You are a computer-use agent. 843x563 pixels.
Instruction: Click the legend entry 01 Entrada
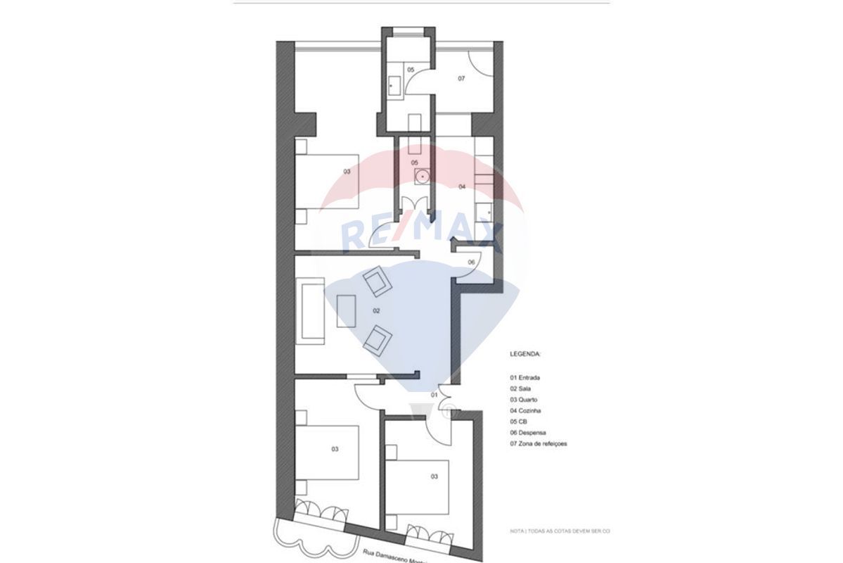(x=525, y=377)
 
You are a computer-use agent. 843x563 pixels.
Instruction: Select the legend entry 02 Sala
(x=521, y=388)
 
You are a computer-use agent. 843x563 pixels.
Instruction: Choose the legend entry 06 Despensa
(x=528, y=433)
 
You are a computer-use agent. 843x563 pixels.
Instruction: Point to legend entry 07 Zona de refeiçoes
(x=539, y=444)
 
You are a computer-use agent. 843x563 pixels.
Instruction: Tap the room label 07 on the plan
(x=461, y=79)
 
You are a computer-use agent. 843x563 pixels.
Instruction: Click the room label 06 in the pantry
(x=471, y=262)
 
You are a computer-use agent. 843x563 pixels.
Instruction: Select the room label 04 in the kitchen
(x=462, y=186)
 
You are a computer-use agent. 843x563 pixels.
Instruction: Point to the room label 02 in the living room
(x=376, y=310)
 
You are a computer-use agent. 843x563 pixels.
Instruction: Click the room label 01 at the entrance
(x=435, y=396)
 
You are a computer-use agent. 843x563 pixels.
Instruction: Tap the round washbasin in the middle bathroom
(x=420, y=175)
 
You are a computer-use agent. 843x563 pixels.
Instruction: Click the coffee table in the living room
(x=347, y=310)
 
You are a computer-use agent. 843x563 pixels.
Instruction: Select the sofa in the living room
(x=310, y=312)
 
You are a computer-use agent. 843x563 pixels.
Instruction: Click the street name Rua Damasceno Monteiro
(x=397, y=557)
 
